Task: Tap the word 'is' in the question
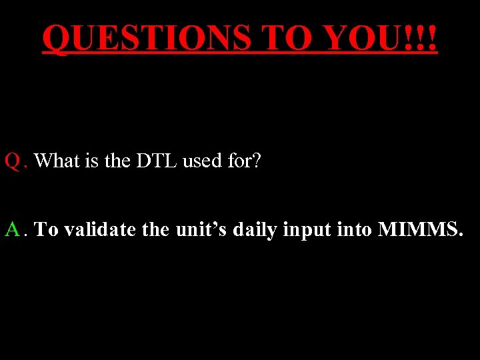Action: coord(94,161)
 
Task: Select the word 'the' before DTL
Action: coord(118,161)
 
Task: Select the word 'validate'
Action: coord(97,230)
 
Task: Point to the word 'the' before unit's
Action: coord(155,230)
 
